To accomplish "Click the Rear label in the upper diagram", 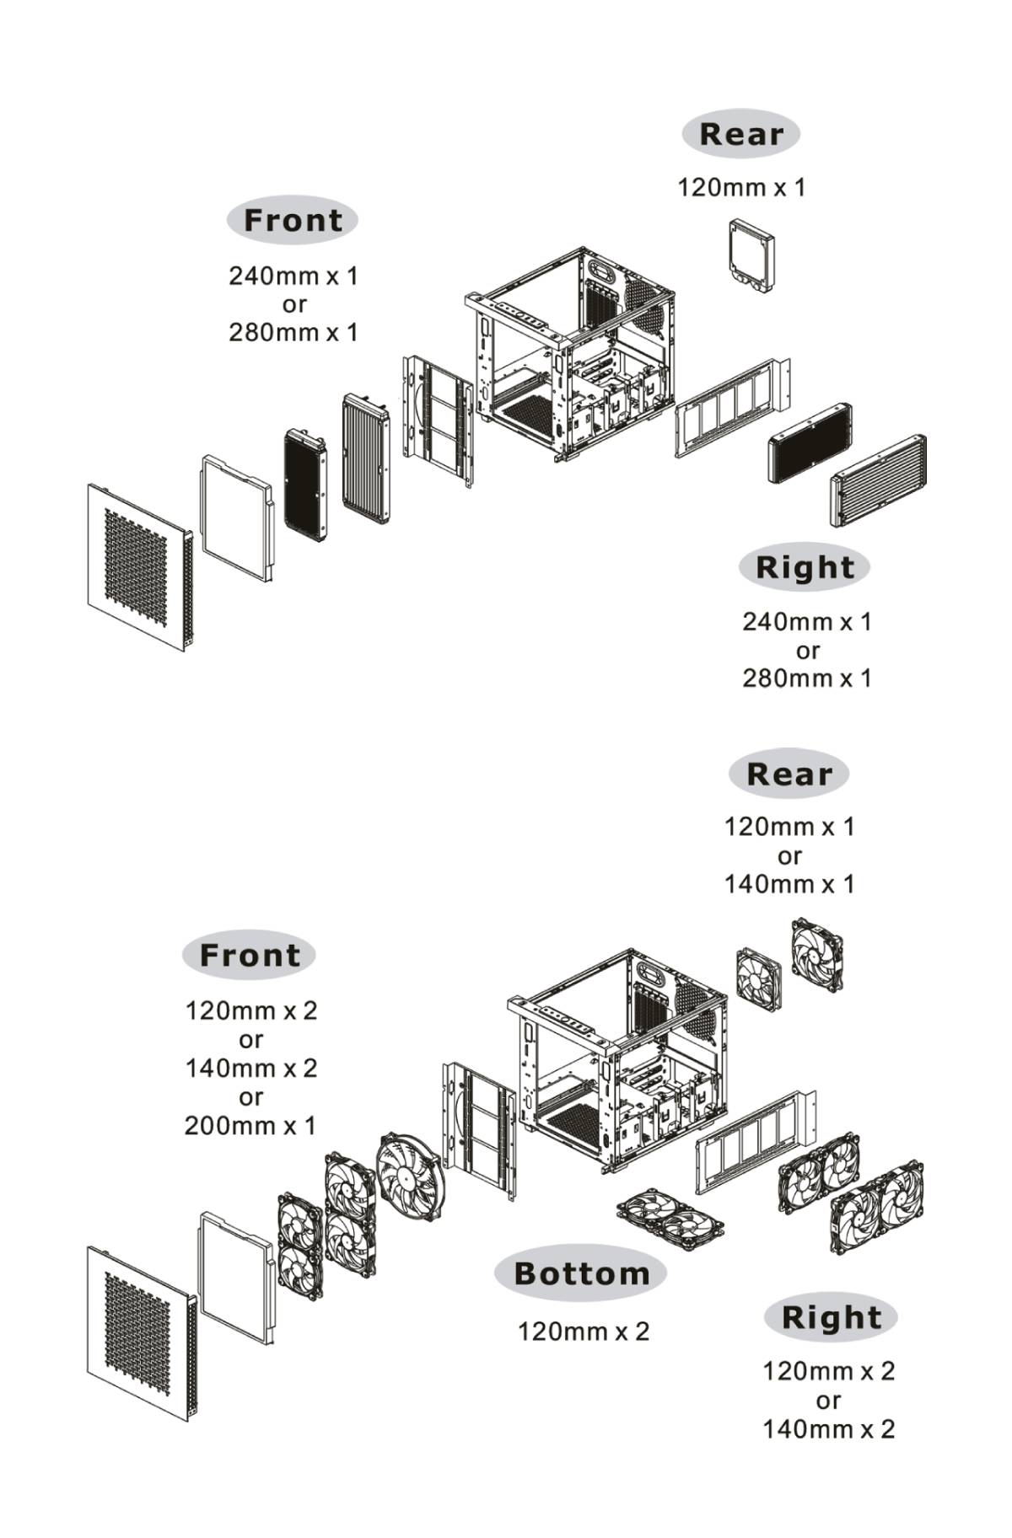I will pos(740,133).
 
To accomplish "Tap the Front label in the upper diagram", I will pos(293,220).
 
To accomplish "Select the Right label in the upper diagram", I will pos(805,567).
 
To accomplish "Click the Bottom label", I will pos(581,1273).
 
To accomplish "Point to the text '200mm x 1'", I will pos(250,1125).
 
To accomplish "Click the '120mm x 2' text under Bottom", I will pos(584,1332).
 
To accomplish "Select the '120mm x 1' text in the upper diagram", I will pos(741,187).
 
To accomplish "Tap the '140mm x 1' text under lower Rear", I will pos(789,884).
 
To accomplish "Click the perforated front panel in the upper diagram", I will pos(139,566).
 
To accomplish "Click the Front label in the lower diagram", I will pos(250,955).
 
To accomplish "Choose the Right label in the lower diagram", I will pos(831,1317).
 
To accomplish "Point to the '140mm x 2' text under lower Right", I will pos(828,1429).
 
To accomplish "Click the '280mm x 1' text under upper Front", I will pos(293,332).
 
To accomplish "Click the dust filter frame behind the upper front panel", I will pos(237,517).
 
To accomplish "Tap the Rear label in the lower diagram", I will pos(789,774).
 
